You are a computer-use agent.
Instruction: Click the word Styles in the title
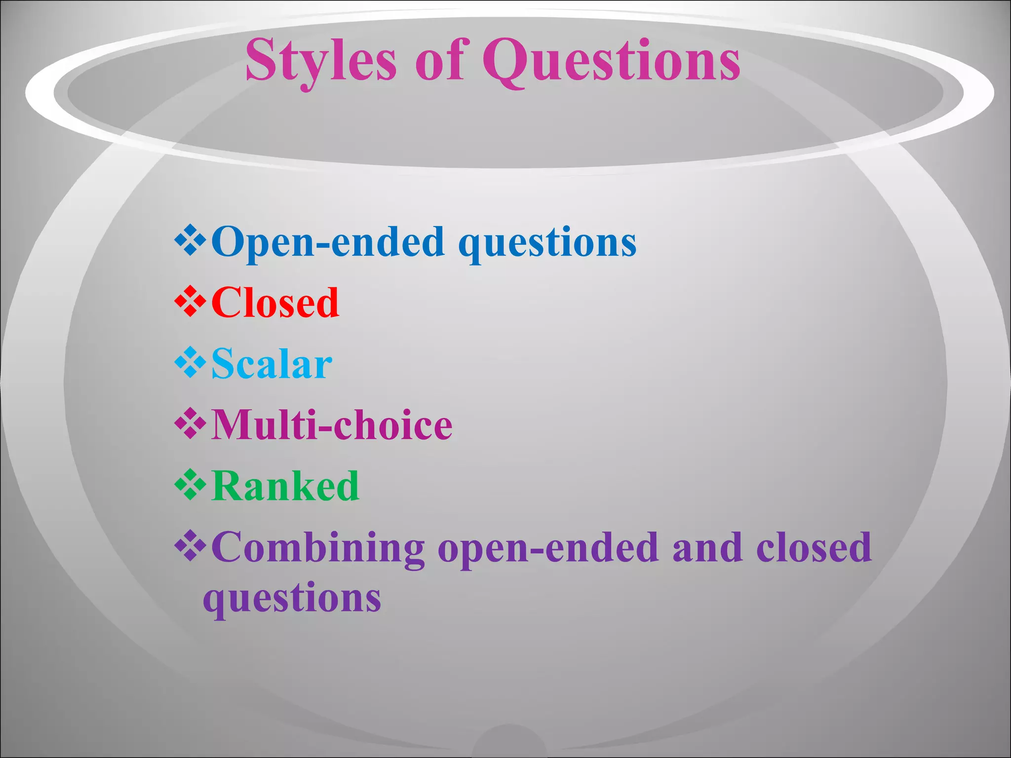[321, 62]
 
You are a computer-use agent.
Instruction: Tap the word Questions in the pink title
[611, 62]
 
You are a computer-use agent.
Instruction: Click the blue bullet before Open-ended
[190, 240]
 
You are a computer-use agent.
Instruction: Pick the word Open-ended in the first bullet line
[328, 242]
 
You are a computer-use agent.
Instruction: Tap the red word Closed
[275, 303]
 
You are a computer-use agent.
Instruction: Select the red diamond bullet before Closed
[190, 302]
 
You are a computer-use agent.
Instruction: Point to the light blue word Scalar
[272, 364]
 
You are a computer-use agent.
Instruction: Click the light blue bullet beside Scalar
[190, 363]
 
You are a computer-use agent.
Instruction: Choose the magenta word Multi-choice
[332, 425]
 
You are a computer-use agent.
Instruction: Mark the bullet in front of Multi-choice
[190, 424]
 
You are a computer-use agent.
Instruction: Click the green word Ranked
[285, 486]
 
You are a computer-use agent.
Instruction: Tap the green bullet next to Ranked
[190, 485]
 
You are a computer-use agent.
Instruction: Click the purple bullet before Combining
[190, 546]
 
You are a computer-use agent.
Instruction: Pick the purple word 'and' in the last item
[707, 547]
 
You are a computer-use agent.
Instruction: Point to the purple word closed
[814, 547]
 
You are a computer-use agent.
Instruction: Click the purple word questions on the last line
[292, 599]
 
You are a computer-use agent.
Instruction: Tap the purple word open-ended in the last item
[548, 549]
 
